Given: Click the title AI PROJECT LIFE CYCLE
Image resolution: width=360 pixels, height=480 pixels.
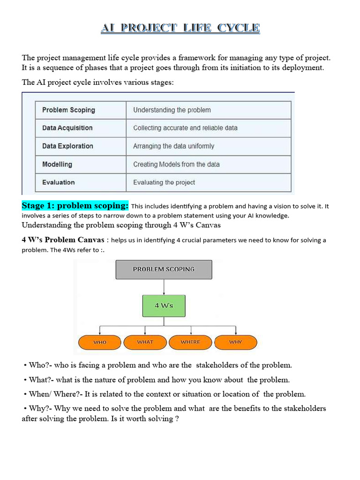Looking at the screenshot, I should click(180, 28).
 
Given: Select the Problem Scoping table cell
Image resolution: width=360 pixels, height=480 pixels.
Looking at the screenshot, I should click(81, 110).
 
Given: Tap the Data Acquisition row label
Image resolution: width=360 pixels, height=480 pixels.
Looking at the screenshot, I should click(81, 128).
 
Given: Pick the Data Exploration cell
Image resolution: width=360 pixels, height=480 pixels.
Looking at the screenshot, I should click(81, 146).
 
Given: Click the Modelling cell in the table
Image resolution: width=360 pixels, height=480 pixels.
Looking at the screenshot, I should click(81, 165).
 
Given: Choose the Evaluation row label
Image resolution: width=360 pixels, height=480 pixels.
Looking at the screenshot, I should click(81, 182).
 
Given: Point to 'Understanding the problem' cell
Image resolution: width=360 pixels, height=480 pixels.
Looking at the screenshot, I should click(208, 110).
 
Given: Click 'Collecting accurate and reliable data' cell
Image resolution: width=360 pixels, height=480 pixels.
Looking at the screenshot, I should click(208, 128).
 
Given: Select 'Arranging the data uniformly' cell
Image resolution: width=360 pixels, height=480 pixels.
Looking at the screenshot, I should click(208, 146).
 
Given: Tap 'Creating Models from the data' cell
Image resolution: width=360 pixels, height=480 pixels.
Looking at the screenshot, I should click(208, 165).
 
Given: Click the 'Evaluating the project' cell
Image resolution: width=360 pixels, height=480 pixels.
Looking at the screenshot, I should click(208, 182).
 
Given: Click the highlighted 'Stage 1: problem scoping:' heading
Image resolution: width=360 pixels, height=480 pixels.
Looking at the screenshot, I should click(75, 206).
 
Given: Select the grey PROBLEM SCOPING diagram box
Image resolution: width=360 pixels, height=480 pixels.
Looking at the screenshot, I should click(164, 270).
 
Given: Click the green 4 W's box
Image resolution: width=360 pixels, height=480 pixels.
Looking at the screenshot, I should click(164, 306).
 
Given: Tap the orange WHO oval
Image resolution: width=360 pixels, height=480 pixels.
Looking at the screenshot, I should click(100, 342).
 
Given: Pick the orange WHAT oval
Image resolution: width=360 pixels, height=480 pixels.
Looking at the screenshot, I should click(145, 342).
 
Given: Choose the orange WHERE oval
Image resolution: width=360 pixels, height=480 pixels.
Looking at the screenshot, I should click(190, 342).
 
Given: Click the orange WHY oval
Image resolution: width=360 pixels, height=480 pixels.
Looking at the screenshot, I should click(235, 342).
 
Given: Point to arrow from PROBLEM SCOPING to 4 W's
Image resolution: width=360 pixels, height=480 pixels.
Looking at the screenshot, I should click(164, 287).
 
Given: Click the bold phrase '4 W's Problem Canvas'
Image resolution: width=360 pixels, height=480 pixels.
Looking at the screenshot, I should click(63, 240).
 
